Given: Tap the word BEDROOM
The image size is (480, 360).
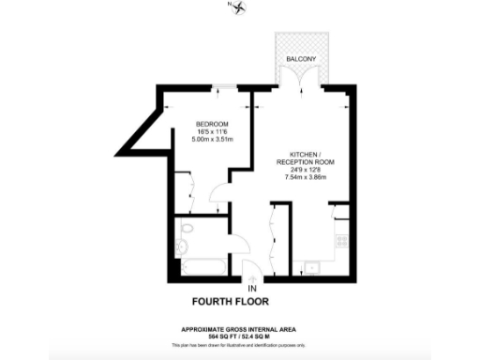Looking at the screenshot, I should tap(211, 125).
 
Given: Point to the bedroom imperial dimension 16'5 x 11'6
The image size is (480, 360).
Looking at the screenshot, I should tap(211, 132).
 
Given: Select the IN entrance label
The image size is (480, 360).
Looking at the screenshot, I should tap(251, 287).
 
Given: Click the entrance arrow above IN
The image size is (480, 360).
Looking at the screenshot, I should tap(251, 277).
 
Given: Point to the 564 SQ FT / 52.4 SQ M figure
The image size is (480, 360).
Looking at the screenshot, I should tap(239, 336).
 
